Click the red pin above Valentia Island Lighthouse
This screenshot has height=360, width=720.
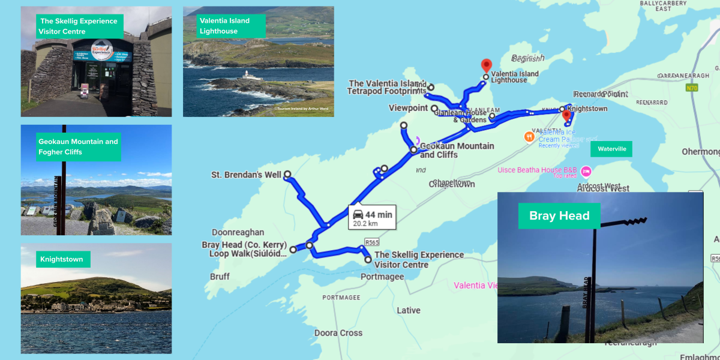(x=486, y=65)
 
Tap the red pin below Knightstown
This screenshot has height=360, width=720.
(x=566, y=115)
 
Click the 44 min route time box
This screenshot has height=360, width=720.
(x=372, y=218)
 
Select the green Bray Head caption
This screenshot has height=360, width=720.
(x=559, y=216)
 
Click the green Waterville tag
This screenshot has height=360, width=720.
(x=611, y=149)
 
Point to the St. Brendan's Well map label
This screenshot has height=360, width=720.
(x=246, y=175)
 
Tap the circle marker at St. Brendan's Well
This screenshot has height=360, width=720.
(x=287, y=175)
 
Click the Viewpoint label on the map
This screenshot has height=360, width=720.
(x=408, y=109)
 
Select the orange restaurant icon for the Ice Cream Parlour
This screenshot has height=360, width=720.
(x=529, y=136)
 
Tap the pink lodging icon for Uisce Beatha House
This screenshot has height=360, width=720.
(x=586, y=170)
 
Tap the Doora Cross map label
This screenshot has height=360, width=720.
(x=338, y=333)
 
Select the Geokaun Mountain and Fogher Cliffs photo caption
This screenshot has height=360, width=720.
(x=78, y=147)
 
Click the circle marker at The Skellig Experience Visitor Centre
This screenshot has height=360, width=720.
(x=368, y=260)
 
